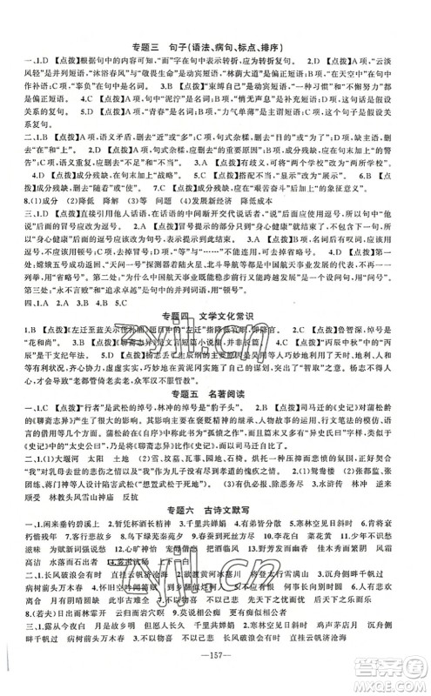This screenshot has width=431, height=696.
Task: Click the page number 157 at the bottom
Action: click(x=215, y=679)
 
